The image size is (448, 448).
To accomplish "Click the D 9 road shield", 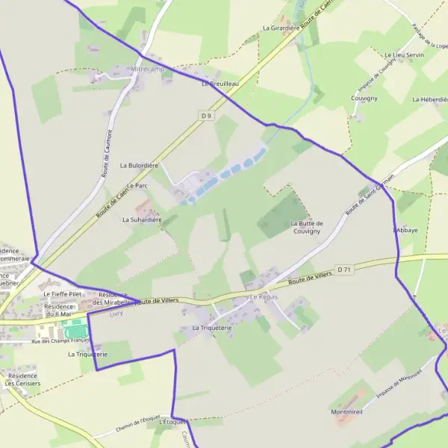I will click(x=207, y=116).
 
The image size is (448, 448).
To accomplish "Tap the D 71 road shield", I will click(x=344, y=270).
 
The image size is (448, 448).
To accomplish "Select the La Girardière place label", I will click(x=281, y=28).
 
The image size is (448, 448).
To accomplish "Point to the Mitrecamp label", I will click(x=146, y=69).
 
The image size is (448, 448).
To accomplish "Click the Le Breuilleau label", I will click(x=220, y=84).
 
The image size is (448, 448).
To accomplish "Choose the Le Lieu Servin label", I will click(x=404, y=55).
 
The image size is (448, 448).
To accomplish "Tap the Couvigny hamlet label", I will click(x=364, y=98).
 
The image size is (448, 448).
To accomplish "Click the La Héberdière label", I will click(x=429, y=99).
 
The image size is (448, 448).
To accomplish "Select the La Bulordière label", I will click(x=134, y=165).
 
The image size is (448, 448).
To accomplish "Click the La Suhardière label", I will click(x=143, y=220).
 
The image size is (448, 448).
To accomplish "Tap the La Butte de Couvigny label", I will click(x=306, y=227).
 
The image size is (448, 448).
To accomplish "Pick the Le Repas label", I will click(x=263, y=297).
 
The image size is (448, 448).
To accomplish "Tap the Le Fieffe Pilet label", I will click(x=60, y=295).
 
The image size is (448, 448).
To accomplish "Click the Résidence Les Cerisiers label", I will click(x=22, y=379).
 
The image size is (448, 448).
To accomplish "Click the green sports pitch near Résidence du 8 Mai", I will click(x=75, y=329).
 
